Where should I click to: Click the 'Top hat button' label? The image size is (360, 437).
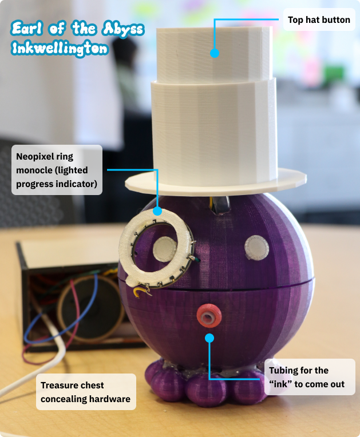coord(318,20)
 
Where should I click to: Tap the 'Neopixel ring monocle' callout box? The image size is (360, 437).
coord(56,170)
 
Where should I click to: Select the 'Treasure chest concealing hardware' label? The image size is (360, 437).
coord(86,392)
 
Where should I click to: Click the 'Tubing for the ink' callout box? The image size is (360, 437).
coord(310,377)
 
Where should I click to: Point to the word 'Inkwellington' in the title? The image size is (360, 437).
coord(60,49)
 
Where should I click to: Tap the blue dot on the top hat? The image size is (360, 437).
coord(215,53)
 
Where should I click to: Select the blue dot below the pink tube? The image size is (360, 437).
coord(209,338)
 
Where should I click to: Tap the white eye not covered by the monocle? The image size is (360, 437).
coord(256,248)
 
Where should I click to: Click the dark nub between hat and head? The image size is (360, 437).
coord(220,203)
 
